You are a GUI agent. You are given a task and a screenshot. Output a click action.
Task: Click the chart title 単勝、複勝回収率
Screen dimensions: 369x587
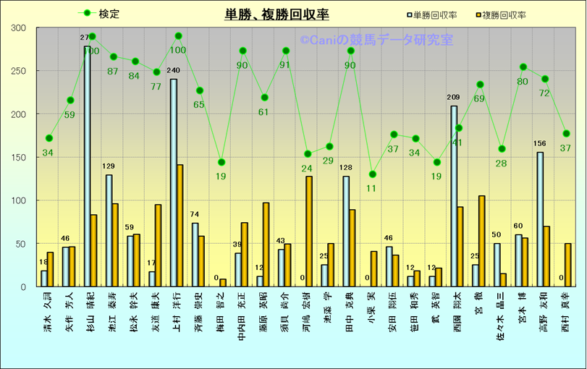(x=276, y=14)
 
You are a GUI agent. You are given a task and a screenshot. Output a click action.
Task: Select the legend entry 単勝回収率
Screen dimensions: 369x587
(x=435, y=14)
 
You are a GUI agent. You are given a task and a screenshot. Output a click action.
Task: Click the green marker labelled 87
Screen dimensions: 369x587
(x=113, y=56)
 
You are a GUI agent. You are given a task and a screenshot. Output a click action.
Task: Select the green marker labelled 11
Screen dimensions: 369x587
(x=372, y=174)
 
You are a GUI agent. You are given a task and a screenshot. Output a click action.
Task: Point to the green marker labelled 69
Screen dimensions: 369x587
(x=480, y=85)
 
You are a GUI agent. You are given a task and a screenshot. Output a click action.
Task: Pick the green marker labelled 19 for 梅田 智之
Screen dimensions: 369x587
(x=221, y=162)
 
